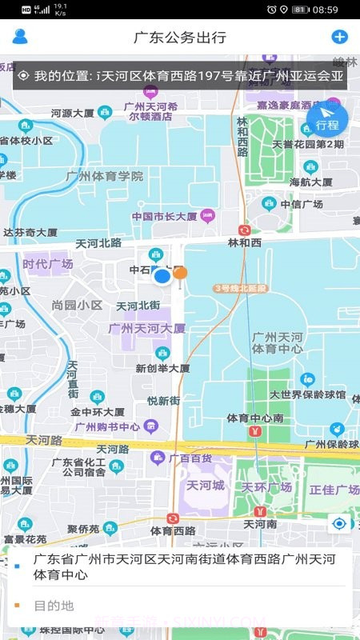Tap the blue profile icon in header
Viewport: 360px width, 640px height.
pos(20,36)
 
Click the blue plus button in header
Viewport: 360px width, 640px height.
pos(339,37)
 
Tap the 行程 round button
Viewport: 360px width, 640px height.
pos(327,121)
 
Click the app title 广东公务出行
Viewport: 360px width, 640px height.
pos(180,37)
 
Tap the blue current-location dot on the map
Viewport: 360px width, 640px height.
pos(162,277)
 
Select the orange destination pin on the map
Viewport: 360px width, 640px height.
pos(181,274)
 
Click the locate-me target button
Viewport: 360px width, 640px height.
pos(339,524)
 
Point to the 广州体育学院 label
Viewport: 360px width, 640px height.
pos(106,176)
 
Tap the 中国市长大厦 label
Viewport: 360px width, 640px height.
pos(164,216)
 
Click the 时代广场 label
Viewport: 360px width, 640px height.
pos(48,264)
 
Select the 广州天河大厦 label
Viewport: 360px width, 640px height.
pos(147,328)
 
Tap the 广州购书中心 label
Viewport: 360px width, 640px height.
pos(107,426)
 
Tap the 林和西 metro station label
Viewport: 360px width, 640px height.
pos(245,242)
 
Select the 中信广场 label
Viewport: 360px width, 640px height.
pos(306,204)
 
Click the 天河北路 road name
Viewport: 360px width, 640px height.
pos(98,242)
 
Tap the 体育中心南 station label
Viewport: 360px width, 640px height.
pos(254,418)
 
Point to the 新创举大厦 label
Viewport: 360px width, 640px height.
pos(162,369)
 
